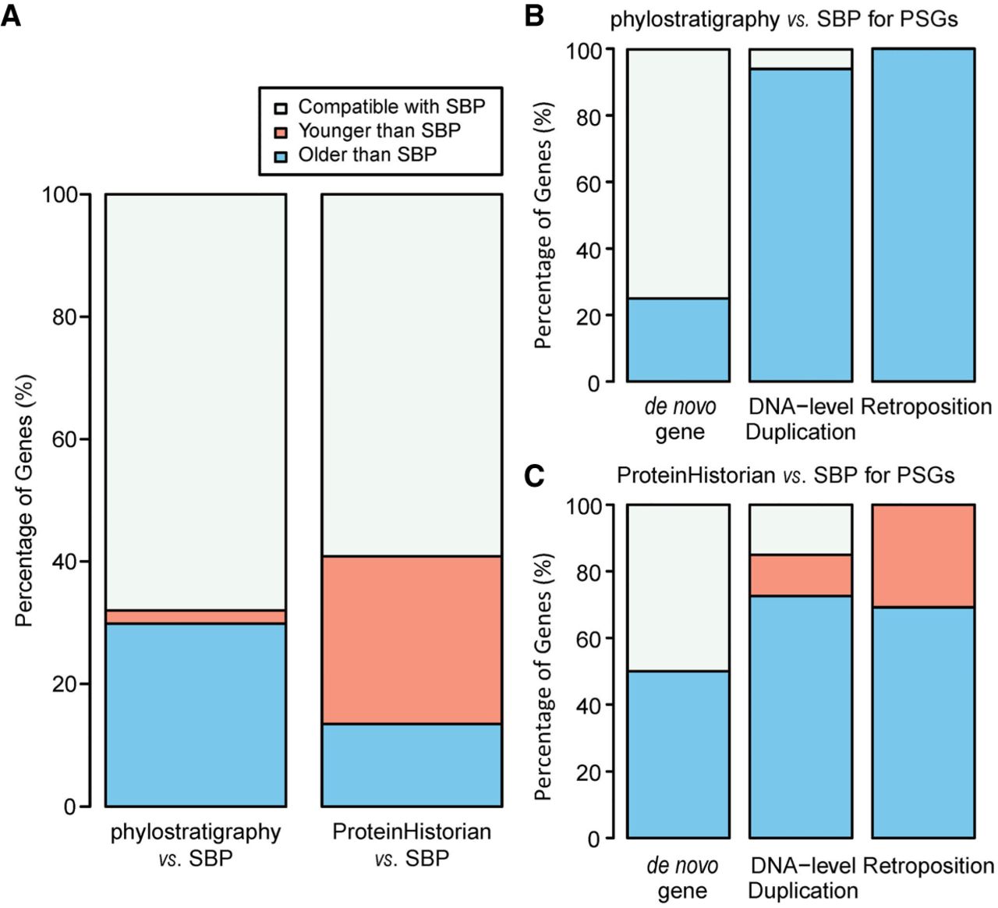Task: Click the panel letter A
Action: (11, 16)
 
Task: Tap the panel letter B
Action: (533, 15)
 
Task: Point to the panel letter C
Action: (533, 475)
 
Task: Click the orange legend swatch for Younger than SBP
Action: (281, 131)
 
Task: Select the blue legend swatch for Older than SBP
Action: (281, 155)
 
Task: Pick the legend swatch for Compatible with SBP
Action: (281, 108)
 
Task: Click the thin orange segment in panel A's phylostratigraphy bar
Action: (196, 617)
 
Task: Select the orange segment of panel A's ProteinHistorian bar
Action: (412, 640)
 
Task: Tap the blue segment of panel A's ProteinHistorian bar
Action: (412, 764)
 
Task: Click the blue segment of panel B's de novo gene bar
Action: (678, 340)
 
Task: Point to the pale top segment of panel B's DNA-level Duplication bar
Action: (800, 59)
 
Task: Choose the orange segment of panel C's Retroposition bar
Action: (923, 555)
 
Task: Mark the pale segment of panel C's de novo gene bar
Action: (678, 587)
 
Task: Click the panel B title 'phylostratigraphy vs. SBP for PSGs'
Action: (784, 19)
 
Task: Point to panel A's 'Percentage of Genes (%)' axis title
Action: (25, 501)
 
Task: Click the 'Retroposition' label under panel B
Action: (926, 406)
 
